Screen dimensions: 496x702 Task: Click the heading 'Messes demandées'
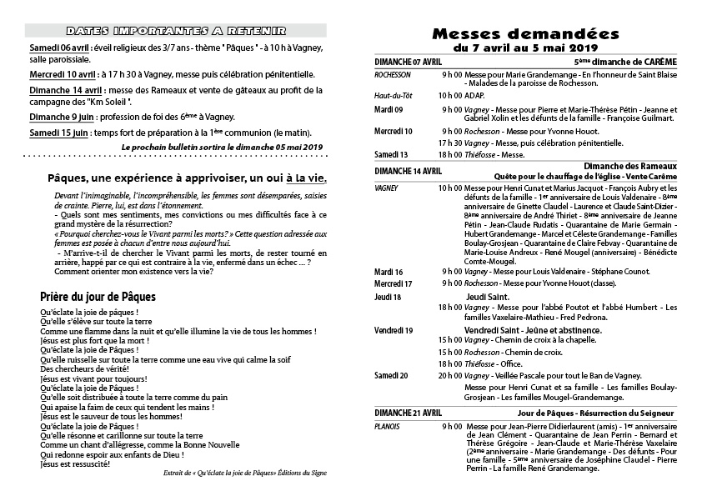click(524, 34)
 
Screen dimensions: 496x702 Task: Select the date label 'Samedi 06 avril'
click(60, 47)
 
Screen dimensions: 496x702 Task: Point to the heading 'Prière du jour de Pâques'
click(98, 296)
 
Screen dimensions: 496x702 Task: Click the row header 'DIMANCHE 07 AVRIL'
click(409, 63)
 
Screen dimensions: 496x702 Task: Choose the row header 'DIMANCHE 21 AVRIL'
click(409, 413)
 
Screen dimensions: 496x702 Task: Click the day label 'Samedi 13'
click(391, 154)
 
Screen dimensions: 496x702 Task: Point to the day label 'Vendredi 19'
click(394, 330)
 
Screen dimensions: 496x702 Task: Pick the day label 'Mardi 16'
click(389, 272)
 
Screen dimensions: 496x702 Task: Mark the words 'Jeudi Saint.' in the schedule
click(487, 296)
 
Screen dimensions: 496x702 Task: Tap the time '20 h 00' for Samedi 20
click(450, 375)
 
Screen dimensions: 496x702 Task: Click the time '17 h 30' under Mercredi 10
click(450, 143)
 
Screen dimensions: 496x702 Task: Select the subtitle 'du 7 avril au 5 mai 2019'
click(524, 49)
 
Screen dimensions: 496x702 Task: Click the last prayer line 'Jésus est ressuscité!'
click(74, 463)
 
